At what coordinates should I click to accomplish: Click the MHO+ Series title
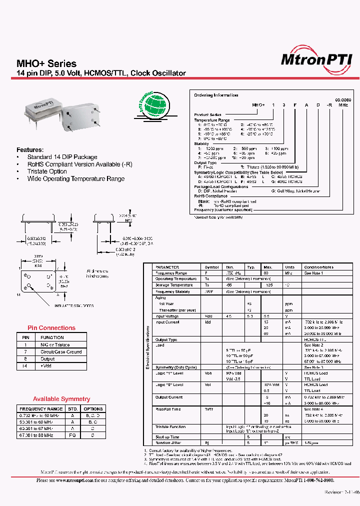point(46,63)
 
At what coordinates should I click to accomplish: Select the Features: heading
point(30,149)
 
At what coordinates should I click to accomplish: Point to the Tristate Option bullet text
point(47,171)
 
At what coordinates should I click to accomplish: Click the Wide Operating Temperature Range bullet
point(76,178)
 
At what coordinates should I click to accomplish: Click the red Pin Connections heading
point(51,328)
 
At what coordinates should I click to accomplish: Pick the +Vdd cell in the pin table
point(47,366)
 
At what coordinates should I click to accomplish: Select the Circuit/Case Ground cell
point(61,352)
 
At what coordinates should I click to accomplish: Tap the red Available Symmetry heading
point(61,399)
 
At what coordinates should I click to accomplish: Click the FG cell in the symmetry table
point(72,435)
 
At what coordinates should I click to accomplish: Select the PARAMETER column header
point(167,267)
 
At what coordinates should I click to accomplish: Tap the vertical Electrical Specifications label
point(148,347)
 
